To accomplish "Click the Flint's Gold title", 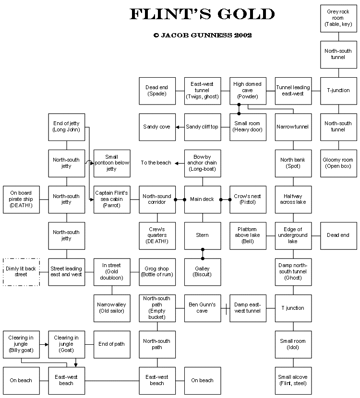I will (x=202, y=14).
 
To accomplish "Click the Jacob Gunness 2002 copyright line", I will (x=202, y=35).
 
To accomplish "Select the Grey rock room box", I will (x=338, y=18).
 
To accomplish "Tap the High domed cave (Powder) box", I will (x=248, y=91).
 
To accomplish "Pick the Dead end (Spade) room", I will (x=157, y=91).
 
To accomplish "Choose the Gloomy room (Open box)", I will (x=338, y=163).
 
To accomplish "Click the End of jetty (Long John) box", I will (x=66, y=127).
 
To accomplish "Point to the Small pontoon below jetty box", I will (x=111, y=163).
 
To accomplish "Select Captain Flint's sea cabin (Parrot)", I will (x=111, y=199).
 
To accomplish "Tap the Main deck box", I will (x=202, y=199).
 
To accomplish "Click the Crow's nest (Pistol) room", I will (x=248, y=199).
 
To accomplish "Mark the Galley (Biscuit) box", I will (x=202, y=272).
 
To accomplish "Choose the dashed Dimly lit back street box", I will (x=21, y=272).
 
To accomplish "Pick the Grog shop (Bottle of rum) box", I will (x=157, y=272).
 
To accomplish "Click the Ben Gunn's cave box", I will (x=202, y=308).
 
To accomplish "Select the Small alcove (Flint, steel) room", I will (x=293, y=380).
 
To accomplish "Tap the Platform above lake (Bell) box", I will (x=248, y=235).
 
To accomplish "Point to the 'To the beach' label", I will (x=156, y=163).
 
